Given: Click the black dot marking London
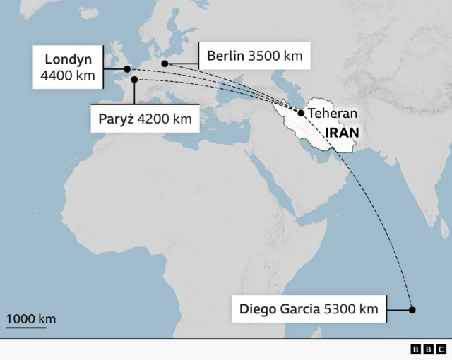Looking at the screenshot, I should coord(127,69).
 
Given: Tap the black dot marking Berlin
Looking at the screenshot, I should coord(165,64).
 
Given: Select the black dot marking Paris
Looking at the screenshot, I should coord(134,80).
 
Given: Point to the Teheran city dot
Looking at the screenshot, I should coord(301,113).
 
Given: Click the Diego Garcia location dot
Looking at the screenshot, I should coord(412,310).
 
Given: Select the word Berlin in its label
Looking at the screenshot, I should coord(225,56).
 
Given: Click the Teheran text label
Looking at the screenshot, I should coord(333,113).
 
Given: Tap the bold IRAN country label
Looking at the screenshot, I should coord(342,132).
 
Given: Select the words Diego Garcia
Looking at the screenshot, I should coord(279,308).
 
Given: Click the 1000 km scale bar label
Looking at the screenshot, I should coord(31,319).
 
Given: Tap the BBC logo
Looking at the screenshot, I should coord(428,349).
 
